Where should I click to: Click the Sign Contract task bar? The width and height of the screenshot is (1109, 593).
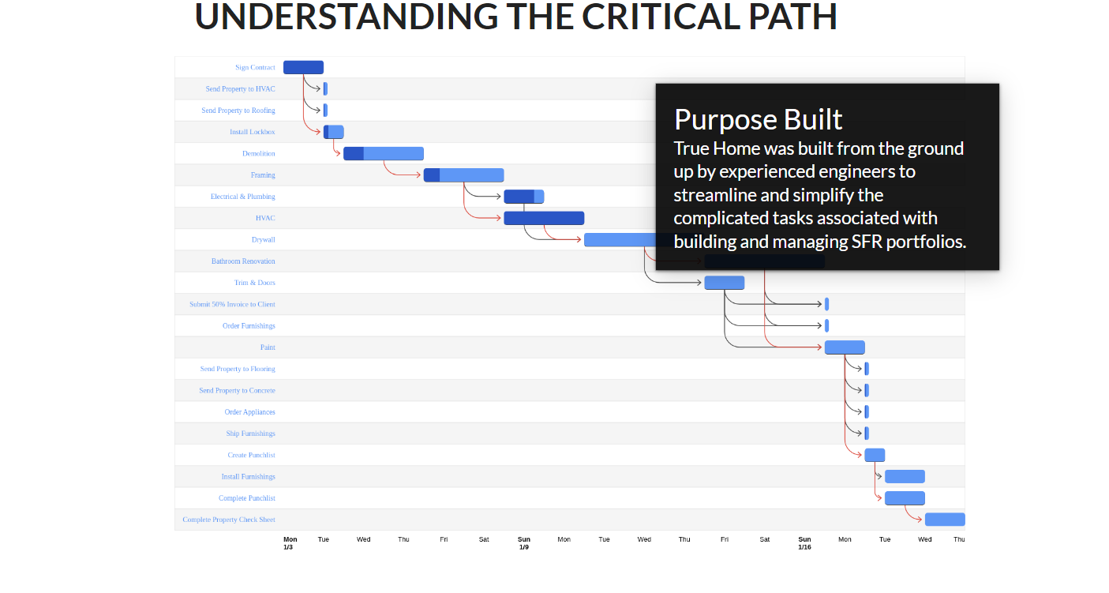click(303, 67)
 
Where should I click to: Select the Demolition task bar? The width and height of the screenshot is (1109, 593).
click(384, 153)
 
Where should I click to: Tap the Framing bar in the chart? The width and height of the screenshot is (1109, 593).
click(463, 175)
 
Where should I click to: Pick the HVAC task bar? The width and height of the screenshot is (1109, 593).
click(544, 218)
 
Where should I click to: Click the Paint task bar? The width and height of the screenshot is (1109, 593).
click(845, 347)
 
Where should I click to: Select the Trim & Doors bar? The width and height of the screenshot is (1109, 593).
click(724, 283)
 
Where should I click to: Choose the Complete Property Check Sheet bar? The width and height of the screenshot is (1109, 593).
click(945, 520)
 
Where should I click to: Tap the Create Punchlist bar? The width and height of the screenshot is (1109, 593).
click(875, 455)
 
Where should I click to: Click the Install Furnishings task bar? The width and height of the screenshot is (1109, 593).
click(905, 476)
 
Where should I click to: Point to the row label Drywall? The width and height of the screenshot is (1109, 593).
click(263, 239)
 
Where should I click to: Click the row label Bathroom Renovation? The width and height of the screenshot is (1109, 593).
click(243, 261)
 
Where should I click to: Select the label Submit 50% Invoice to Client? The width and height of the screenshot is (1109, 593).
click(232, 304)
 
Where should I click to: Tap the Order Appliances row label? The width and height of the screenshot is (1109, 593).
click(249, 412)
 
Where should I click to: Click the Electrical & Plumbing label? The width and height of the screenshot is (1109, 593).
click(242, 197)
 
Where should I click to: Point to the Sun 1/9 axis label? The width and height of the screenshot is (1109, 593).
click(524, 543)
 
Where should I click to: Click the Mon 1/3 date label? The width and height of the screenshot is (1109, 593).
click(290, 543)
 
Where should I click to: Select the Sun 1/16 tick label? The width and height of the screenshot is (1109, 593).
click(804, 543)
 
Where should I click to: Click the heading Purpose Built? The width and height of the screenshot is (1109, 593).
click(758, 119)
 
